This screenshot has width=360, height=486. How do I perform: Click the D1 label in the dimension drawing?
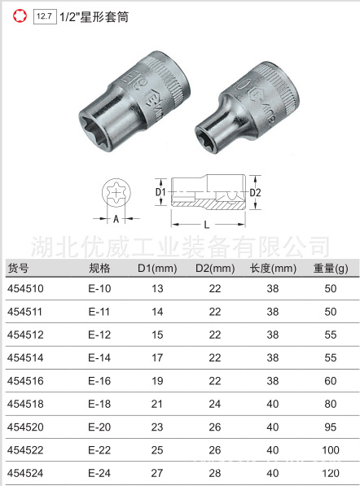click(160, 193)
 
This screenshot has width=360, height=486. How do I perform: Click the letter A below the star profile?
click(116, 218)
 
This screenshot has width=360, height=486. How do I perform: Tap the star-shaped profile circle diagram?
click(116, 192)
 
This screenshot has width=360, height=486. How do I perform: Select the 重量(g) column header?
click(330, 269)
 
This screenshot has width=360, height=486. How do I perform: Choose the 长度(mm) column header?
click(273, 269)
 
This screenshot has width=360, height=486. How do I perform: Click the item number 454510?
click(25, 289)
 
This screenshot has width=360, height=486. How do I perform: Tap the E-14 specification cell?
click(99, 357)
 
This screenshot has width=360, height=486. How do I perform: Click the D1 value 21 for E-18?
click(157, 403)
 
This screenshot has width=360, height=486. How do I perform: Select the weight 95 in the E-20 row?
click(330, 426)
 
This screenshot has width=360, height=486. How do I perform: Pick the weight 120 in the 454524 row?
click(330, 471)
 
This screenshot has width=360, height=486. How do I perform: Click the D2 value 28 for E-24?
click(215, 471)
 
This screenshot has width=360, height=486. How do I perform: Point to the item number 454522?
click(25, 449)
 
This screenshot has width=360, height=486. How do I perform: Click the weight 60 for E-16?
click(330, 380)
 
